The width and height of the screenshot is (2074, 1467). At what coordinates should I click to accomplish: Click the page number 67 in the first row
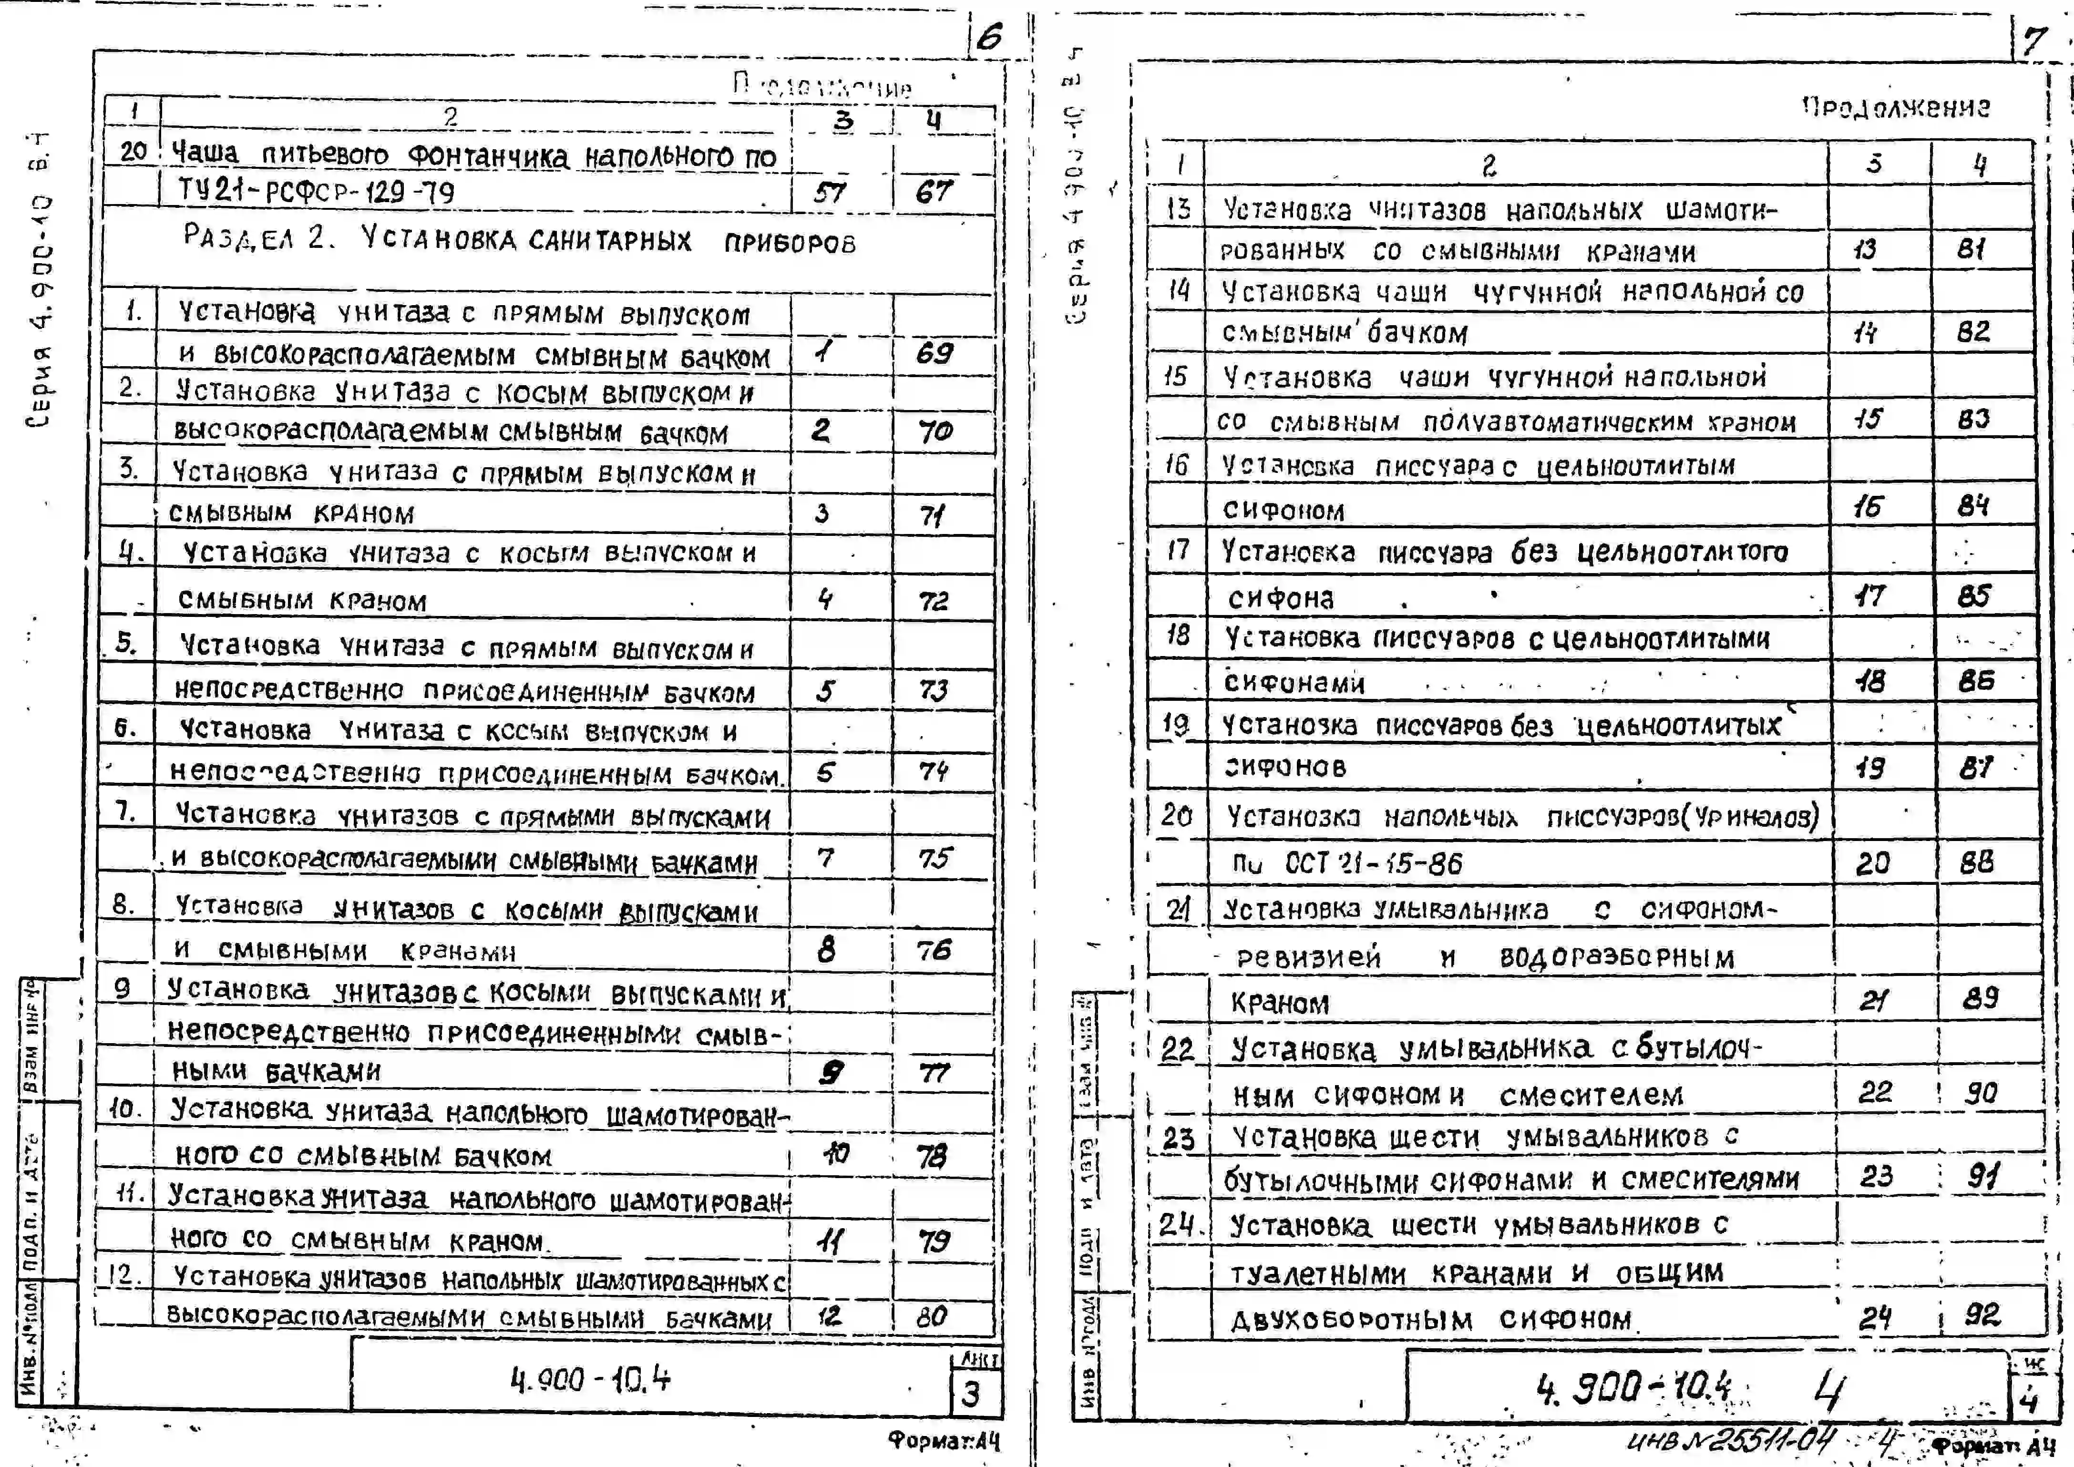click(934, 192)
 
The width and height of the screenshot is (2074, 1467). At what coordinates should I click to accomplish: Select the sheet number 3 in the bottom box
click(971, 1394)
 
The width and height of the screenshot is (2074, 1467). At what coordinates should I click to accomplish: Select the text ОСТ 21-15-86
click(1373, 863)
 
